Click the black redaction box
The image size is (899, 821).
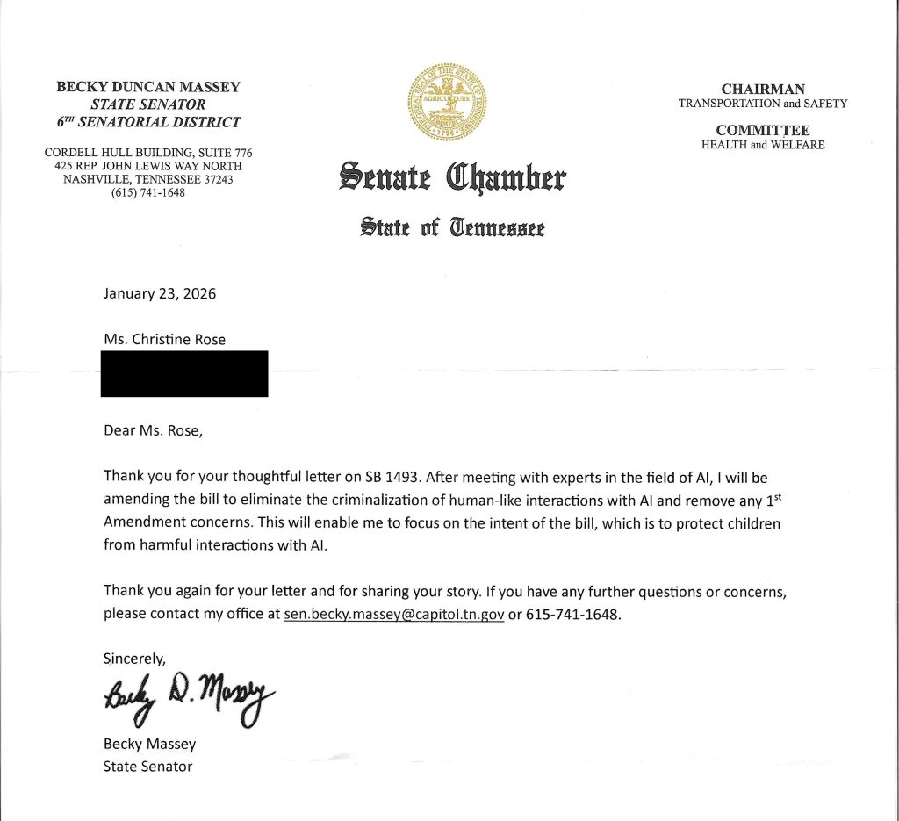tap(185, 373)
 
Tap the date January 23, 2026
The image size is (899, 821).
tap(160, 293)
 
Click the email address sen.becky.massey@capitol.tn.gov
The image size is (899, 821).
tap(393, 614)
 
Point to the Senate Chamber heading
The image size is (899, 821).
tap(452, 176)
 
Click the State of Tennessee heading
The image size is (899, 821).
tap(453, 228)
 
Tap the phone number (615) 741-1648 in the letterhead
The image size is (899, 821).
tap(147, 193)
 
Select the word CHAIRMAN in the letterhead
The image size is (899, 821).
tap(762, 89)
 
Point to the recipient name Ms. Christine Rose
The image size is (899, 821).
tap(164, 339)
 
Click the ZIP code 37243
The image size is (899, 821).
tap(214, 179)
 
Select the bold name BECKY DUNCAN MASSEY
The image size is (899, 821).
tap(148, 87)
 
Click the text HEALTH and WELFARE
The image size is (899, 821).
tap(762, 145)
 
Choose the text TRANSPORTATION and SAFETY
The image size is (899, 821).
tap(762, 103)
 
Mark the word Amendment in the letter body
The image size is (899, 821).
tap(141, 522)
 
